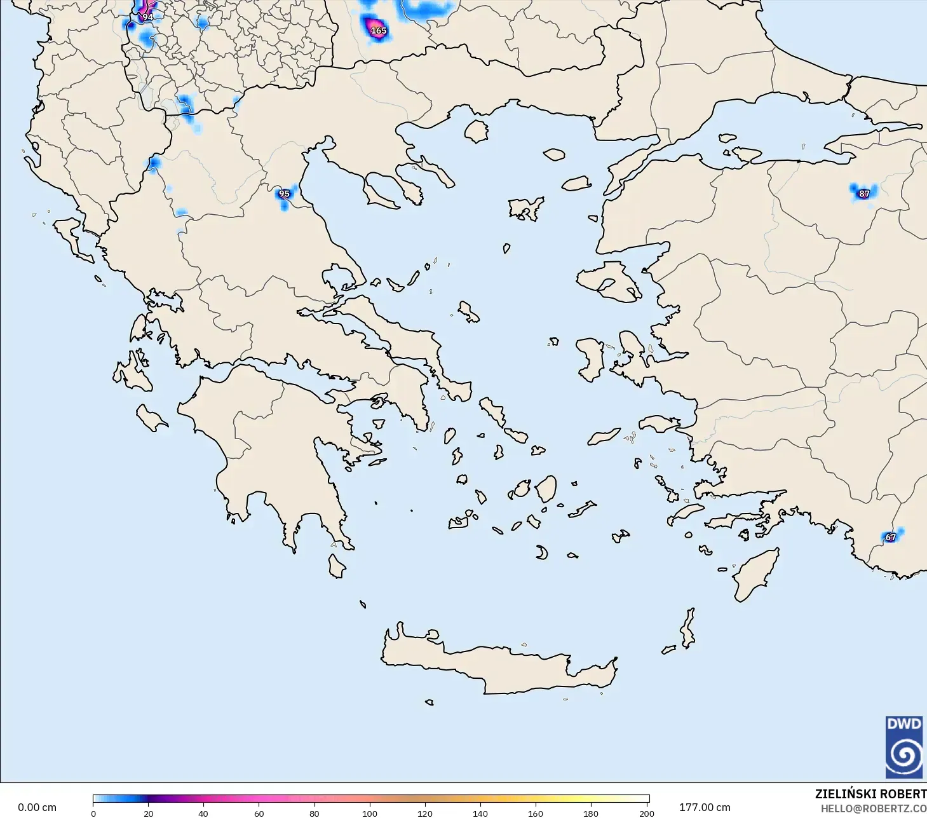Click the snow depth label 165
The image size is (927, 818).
click(x=378, y=31)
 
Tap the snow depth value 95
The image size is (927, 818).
click(x=284, y=194)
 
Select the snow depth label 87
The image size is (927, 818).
click(x=863, y=194)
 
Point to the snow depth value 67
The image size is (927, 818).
click(x=891, y=537)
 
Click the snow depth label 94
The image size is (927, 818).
click(x=147, y=17)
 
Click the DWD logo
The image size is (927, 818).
click(x=903, y=747)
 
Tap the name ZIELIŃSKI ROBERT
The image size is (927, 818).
click(x=870, y=794)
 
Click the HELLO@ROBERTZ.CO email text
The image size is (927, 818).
click(x=873, y=808)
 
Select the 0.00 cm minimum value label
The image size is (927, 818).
click(x=37, y=807)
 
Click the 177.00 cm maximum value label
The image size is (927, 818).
click(x=705, y=807)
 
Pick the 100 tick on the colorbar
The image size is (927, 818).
click(x=370, y=813)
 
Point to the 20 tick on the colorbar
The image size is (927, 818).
click(x=149, y=813)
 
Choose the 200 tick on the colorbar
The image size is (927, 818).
click(x=646, y=813)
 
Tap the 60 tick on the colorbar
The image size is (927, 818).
click(x=259, y=813)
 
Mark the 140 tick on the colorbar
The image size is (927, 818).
click(x=480, y=813)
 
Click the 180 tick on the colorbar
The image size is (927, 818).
click(x=591, y=813)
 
